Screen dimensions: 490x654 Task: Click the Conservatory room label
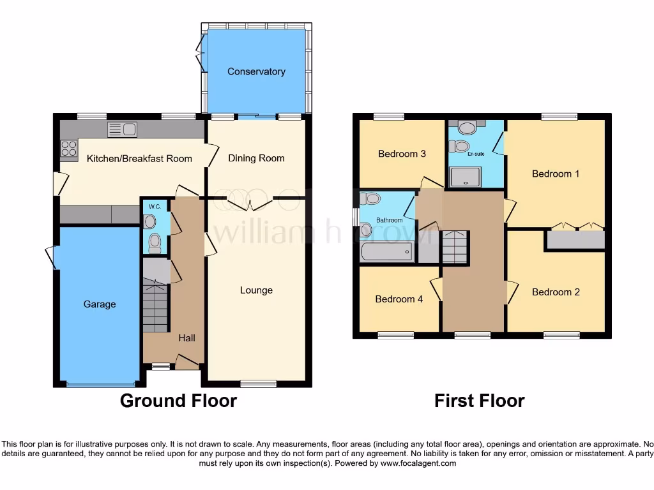pyautogui.click(x=256, y=71)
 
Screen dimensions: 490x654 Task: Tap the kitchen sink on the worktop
pyautogui.click(x=122, y=130)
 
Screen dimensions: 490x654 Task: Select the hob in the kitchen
pyautogui.click(x=68, y=149)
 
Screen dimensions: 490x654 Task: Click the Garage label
pyautogui.click(x=100, y=304)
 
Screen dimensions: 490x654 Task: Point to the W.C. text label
pyautogui.click(x=155, y=206)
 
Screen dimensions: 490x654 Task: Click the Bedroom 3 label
pyautogui.click(x=402, y=154)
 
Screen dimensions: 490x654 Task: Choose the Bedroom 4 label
pyautogui.click(x=399, y=299)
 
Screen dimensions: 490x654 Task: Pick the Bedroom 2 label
pyautogui.click(x=556, y=292)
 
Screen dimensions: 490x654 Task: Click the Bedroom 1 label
pyautogui.click(x=556, y=174)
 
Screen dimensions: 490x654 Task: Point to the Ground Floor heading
pyautogui.click(x=178, y=401)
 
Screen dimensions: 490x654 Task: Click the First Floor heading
pyautogui.click(x=479, y=401)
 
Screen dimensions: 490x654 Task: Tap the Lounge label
pyautogui.click(x=256, y=290)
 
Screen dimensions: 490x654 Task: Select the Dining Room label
pyautogui.click(x=256, y=158)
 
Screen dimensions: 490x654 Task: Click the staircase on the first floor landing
pyautogui.click(x=455, y=247)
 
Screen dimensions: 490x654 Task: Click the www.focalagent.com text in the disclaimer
pyautogui.click(x=419, y=463)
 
